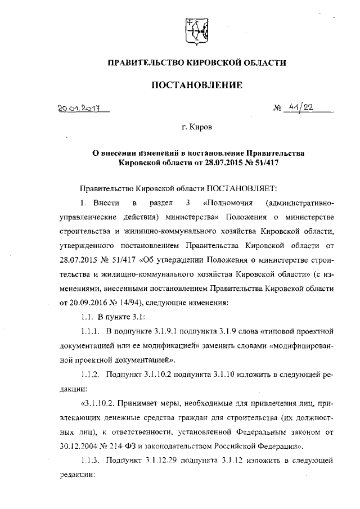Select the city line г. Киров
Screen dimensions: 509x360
pyautogui.click(x=197, y=128)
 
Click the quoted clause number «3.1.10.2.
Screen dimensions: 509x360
pyautogui.click(x=101, y=403)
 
